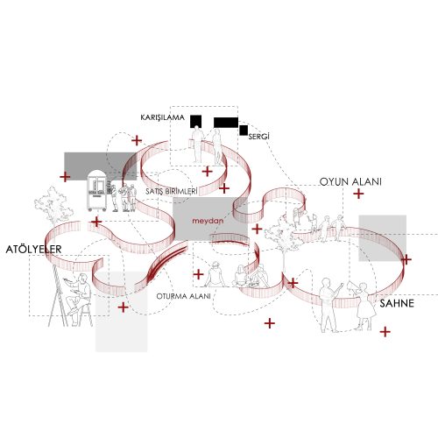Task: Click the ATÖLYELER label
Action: (33, 250)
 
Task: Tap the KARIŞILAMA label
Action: (163, 117)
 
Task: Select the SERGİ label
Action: (258, 137)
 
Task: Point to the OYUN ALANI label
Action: (350, 181)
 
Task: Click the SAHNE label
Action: (397, 303)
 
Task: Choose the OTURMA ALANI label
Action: (183, 296)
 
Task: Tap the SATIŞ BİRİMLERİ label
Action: (172, 192)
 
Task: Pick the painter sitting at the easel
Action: (78, 298)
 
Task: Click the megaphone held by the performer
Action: (352, 286)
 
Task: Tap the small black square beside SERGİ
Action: (244, 131)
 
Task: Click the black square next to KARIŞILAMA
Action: (196, 121)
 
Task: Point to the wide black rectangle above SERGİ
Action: (226, 123)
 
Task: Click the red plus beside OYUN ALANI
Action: (358, 194)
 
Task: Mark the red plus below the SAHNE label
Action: (385, 332)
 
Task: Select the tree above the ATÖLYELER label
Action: (54, 206)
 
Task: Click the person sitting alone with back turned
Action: (215, 274)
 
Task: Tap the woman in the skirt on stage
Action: (364, 306)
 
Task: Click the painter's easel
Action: (59, 295)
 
